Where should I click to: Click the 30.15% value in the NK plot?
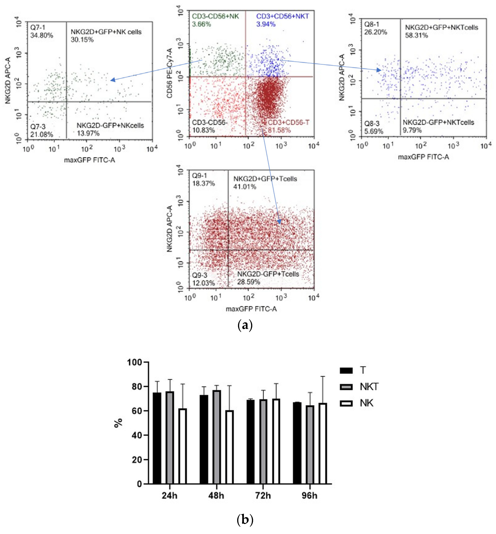[82, 40]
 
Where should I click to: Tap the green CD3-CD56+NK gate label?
[215, 16]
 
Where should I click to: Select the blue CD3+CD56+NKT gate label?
[282, 16]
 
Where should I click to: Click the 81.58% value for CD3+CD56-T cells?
[279, 130]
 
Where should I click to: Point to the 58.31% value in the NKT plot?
[416, 35]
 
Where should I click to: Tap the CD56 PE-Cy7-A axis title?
[170, 73]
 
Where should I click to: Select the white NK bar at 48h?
[229, 447]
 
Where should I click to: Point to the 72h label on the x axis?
[263, 496]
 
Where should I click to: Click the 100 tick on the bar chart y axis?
[134, 363]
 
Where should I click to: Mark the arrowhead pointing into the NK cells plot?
[113, 80]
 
